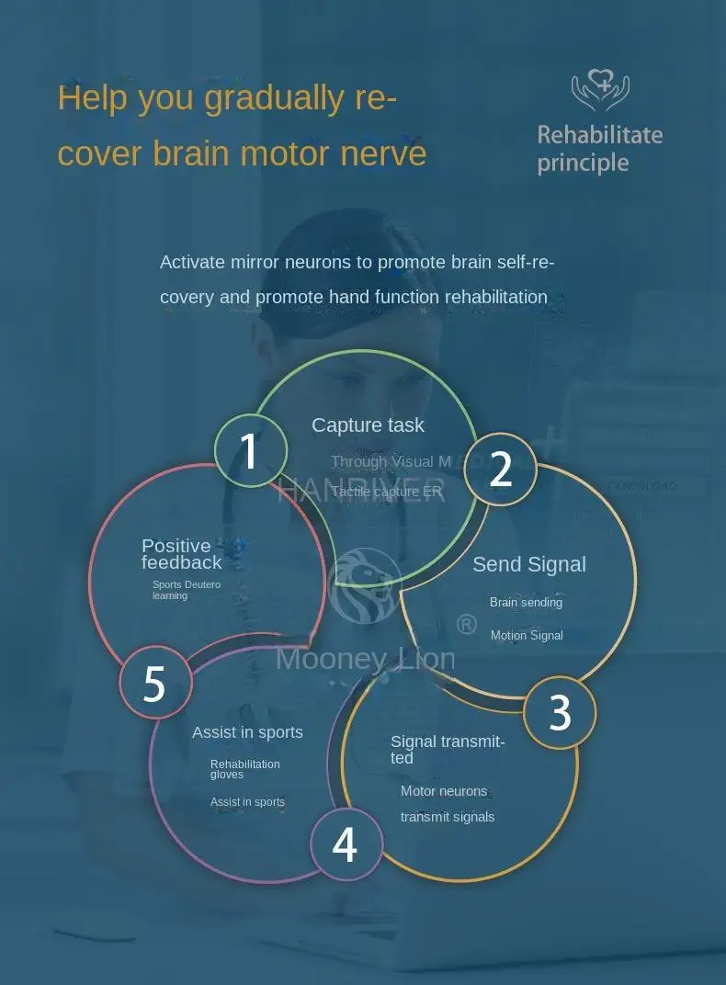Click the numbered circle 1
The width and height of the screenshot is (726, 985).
(250, 451)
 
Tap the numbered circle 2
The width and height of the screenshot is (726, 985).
(500, 470)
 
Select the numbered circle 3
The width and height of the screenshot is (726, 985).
(560, 713)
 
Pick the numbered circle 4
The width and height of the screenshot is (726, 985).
(345, 844)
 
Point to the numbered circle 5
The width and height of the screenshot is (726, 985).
(154, 684)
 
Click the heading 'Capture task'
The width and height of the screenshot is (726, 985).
(368, 425)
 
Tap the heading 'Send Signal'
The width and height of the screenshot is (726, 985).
(528, 564)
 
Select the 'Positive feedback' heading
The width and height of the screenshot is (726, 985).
(181, 554)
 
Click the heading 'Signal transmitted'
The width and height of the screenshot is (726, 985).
(448, 749)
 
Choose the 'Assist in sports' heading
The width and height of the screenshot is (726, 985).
(247, 732)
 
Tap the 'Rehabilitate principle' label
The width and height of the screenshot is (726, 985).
(599, 149)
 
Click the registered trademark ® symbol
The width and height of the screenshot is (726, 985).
(467, 625)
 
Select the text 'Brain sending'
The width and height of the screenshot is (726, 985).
(526, 603)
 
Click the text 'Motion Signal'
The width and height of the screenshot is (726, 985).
(527, 636)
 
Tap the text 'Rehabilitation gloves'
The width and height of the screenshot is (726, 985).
(244, 769)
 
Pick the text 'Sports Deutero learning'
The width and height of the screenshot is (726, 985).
(187, 590)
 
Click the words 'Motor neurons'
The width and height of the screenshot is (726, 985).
(444, 791)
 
